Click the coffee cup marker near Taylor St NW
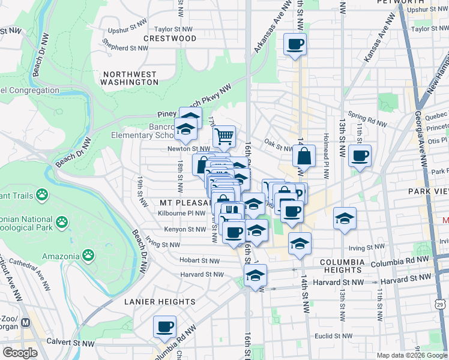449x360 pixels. (295, 45)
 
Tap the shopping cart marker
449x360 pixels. (224, 136)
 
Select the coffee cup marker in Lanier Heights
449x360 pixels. (164, 328)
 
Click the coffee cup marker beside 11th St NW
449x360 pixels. (360, 157)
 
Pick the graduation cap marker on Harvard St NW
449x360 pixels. (255, 277)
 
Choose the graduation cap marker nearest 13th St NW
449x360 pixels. (345, 219)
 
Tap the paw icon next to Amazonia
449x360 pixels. (89, 256)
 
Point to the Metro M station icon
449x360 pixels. (25, 322)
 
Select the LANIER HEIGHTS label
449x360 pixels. (160, 302)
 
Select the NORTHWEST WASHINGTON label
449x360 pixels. (130, 78)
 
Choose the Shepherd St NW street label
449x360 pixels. (124, 47)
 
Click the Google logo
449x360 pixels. (20, 353)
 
